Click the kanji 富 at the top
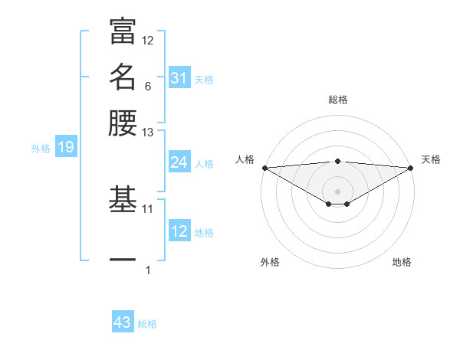[123, 31]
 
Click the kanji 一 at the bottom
[123, 261]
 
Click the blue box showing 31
[179, 78]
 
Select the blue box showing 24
[179, 162]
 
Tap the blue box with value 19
[66, 147]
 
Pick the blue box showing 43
[123, 322]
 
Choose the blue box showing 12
[179, 231]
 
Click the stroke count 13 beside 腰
[148, 133]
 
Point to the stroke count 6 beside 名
[147, 87]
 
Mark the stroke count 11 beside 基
[148, 208]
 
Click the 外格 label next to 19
[40, 149]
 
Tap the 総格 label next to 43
[147, 324]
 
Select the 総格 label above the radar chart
[337, 100]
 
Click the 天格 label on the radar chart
[432, 159]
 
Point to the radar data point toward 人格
[264, 167]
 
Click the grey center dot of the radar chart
[337, 191]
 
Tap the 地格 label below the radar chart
[402, 262]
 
